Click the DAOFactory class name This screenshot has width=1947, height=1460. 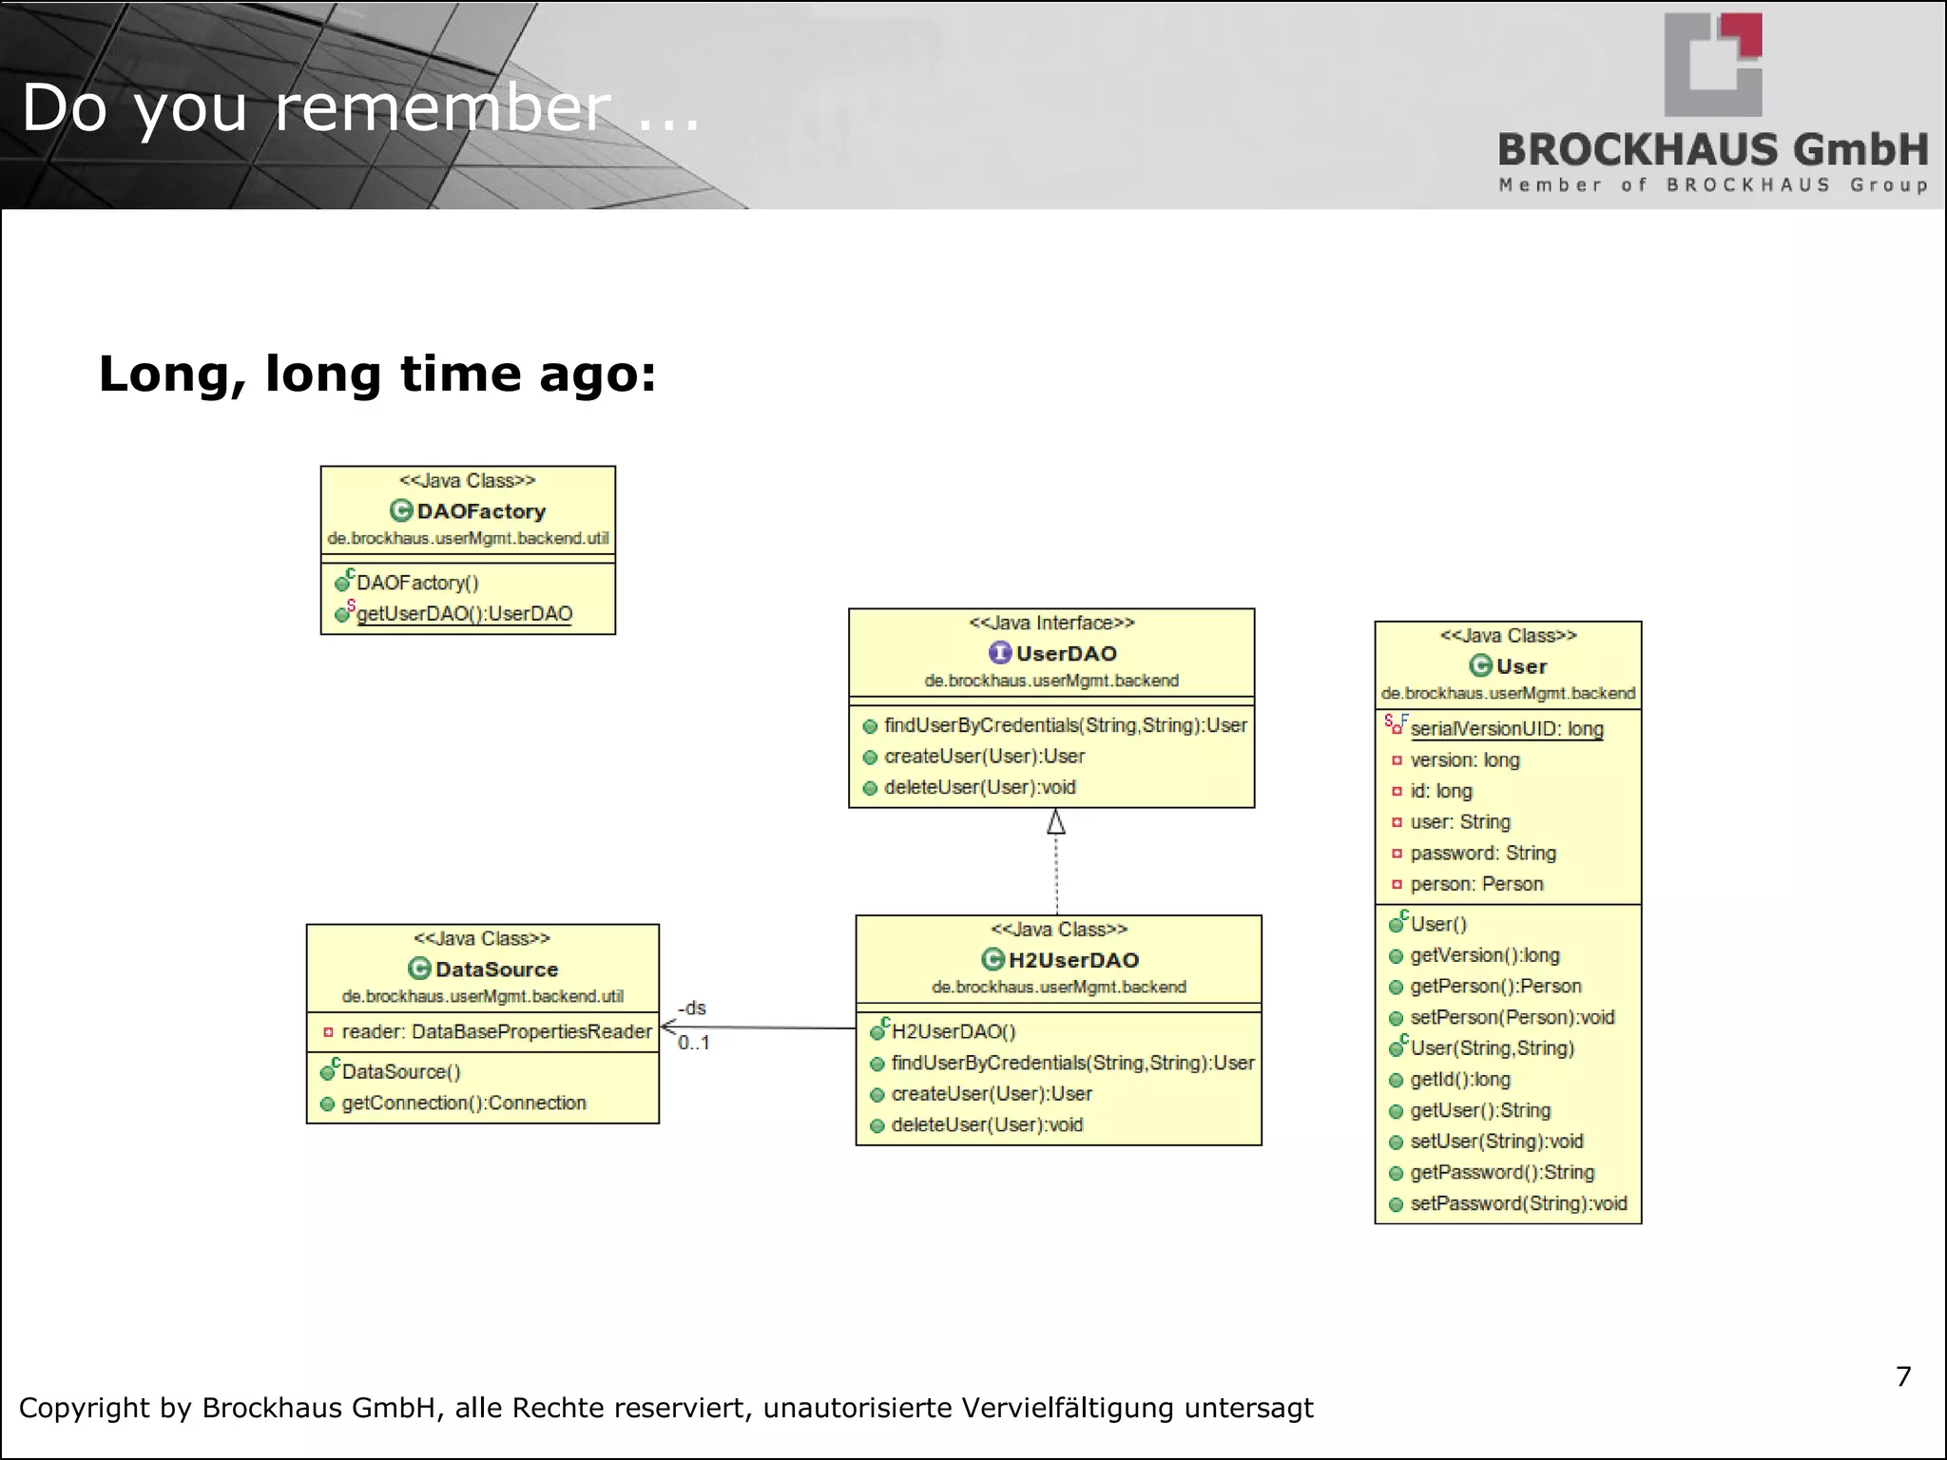[481, 511]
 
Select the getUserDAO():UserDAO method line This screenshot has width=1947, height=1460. [464, 614]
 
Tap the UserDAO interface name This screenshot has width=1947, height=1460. [1066, 654]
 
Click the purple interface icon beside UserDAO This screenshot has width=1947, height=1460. [1000, 653]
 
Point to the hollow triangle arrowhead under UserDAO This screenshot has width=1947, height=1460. [1055, 822]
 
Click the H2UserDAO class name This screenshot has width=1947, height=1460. [1073, 960]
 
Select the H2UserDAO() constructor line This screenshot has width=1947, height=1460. [954, 1031]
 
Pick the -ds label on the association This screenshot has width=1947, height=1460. [692, 1008]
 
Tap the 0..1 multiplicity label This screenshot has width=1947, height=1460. [694, 1043]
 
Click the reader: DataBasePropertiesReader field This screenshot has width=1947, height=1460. [496, 1031]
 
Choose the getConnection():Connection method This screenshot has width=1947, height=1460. [464, 1103]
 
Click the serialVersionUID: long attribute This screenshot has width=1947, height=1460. [1507, 729]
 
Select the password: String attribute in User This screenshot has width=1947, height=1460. [1483, 853]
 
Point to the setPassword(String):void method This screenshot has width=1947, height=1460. [1518, 1203]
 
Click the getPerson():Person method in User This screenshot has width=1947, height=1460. [1495, 987]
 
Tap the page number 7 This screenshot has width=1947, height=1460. [1903, 1376]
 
